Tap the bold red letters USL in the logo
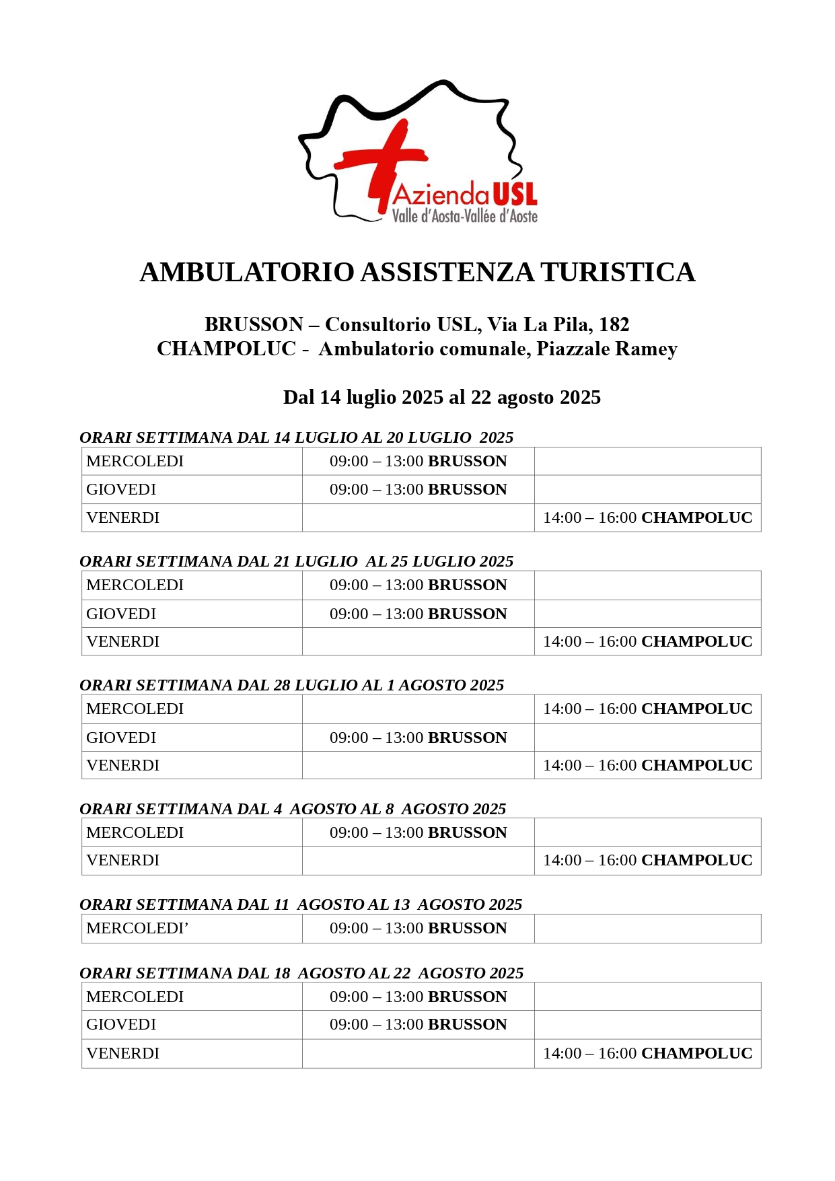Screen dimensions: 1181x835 515,194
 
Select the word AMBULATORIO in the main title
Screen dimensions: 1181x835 247,273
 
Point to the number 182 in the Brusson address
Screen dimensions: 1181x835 614,324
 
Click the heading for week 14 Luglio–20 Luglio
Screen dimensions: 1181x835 296,437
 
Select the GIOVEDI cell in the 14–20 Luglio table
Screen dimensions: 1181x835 121,489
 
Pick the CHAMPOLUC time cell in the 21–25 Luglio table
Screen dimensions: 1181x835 647,641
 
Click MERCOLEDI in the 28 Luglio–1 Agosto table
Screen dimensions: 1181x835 135,709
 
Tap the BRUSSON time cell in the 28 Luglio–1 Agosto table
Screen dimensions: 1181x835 418,738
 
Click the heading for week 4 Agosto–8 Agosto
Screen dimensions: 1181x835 293,809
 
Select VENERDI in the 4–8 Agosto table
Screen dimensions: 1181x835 122,860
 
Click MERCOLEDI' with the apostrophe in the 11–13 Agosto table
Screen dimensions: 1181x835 137,928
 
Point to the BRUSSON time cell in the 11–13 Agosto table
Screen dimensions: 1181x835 418,928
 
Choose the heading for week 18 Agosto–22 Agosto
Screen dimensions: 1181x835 301,973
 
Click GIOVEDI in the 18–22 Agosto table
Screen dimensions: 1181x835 121,1024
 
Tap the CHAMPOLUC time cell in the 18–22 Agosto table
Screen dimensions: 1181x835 647,1053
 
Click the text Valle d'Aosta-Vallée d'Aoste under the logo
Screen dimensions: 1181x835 465,216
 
